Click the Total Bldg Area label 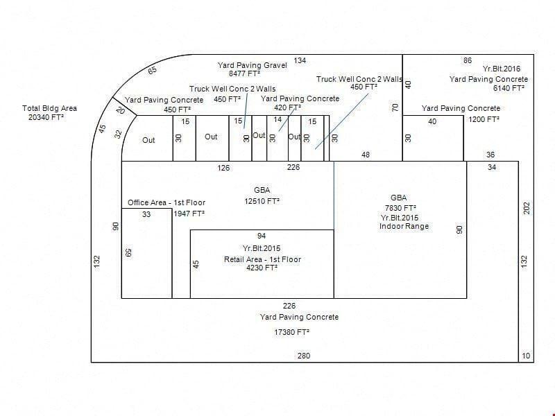click(49, 108)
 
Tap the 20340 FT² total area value click(46, 117)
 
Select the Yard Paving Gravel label click(252, 65)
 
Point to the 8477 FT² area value click(245, 73)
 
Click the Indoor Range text click(404, 226)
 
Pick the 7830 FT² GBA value click(400, 208)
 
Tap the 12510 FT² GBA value click(262, 201)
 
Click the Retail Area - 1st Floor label click(262, 259)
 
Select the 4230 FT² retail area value click(262, 268)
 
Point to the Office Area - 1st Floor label click(166, 202)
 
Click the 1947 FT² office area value click(189, 214)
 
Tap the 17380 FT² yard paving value click(291, 332)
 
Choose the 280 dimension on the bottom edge click(304, 356)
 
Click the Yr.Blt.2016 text click(502, 69)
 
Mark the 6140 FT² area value click(509, 88)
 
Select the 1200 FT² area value click(484, 119)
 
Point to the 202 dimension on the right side click(527, 208)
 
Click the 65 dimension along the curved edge click(152, 71)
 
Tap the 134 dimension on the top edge click(300, 60)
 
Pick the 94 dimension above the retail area click(262, 236)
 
